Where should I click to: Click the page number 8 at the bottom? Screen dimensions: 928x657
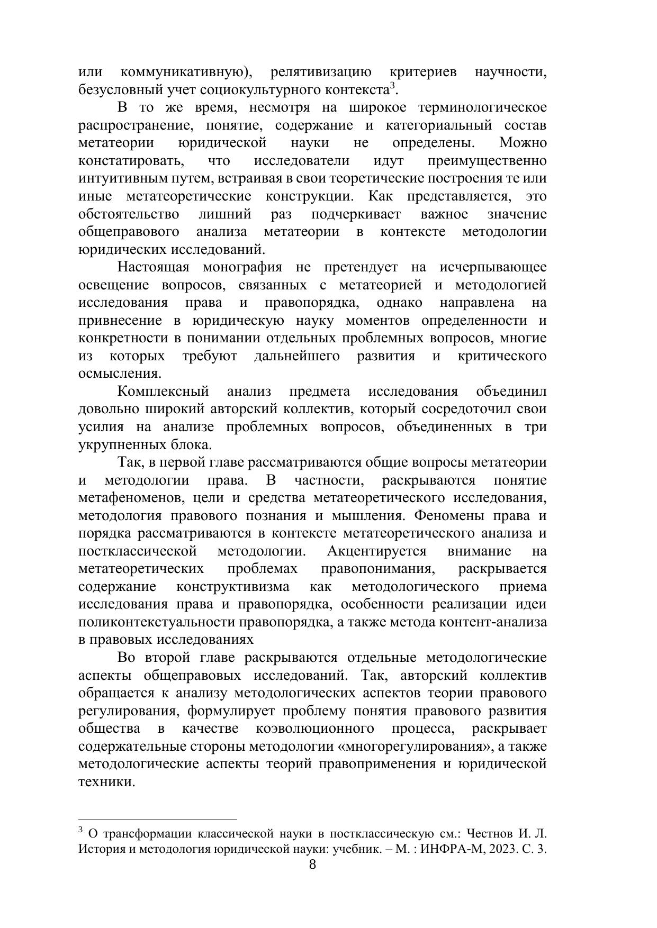[x=312, y=865]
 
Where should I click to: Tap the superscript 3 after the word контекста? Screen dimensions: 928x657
[x=392, y=86]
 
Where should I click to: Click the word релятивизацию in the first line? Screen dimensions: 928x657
[x=320, y=72]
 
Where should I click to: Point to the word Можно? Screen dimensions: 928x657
[x=523, y=143]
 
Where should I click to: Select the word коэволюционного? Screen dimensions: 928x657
[x=314, y=729]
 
